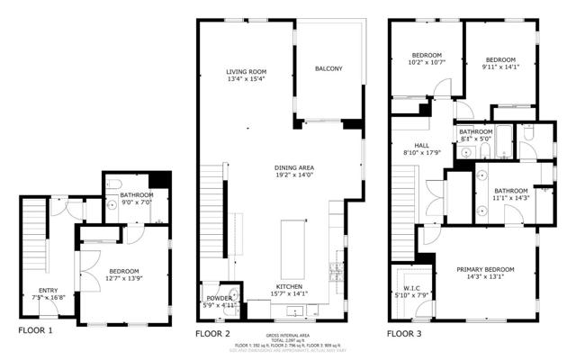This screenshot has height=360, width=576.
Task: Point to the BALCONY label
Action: [328, 68]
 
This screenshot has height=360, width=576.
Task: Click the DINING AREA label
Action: [294, 168]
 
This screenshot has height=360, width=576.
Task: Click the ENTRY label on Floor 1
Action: [49, 265]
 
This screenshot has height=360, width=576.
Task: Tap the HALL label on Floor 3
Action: [421, 145]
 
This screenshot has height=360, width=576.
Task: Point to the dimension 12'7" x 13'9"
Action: [124, 278]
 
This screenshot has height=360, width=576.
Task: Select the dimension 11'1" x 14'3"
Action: [509, 198]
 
